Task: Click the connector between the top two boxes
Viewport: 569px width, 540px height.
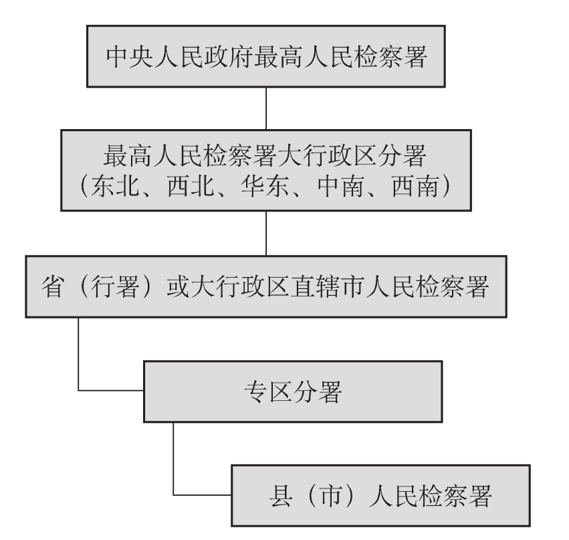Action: coord(266,108)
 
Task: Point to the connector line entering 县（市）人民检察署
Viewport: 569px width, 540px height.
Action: coord(201,494)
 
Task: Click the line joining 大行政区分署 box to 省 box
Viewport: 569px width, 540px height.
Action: coord(266,234)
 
